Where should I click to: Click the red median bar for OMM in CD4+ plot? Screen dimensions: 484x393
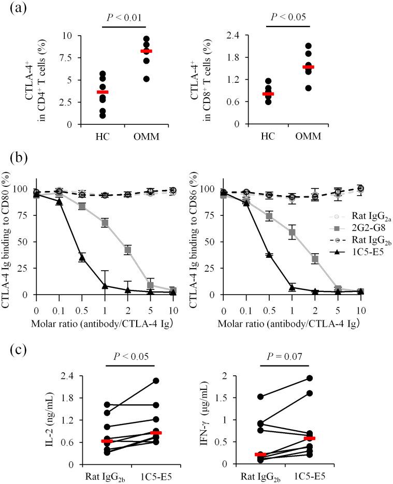point(147,51)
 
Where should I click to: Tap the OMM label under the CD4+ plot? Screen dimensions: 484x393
point(147,137)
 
